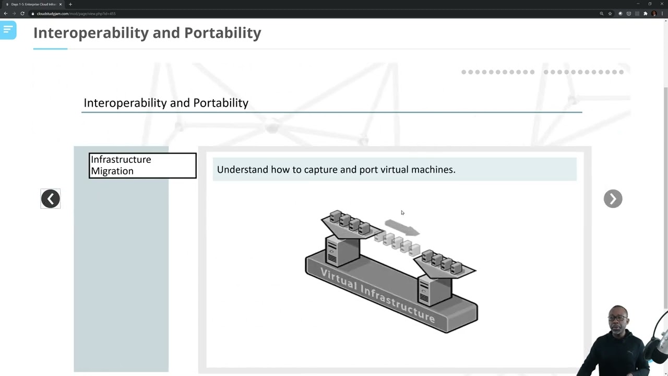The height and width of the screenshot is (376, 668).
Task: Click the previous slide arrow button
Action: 51,198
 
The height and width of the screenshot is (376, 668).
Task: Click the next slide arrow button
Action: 613,198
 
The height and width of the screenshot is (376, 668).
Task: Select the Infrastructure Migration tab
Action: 142,166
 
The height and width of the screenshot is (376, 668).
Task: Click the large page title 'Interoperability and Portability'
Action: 147,33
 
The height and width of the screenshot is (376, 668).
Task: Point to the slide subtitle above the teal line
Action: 166,103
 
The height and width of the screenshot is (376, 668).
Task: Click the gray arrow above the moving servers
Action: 402,228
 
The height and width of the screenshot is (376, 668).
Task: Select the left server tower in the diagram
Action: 342,250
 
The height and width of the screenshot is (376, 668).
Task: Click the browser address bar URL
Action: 76,14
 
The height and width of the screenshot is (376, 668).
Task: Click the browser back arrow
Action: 6,14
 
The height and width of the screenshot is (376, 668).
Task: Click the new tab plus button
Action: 70,4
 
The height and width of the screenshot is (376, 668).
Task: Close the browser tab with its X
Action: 61,4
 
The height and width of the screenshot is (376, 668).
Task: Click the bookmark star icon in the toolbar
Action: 610,14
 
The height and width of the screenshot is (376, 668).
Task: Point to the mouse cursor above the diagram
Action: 402,213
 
